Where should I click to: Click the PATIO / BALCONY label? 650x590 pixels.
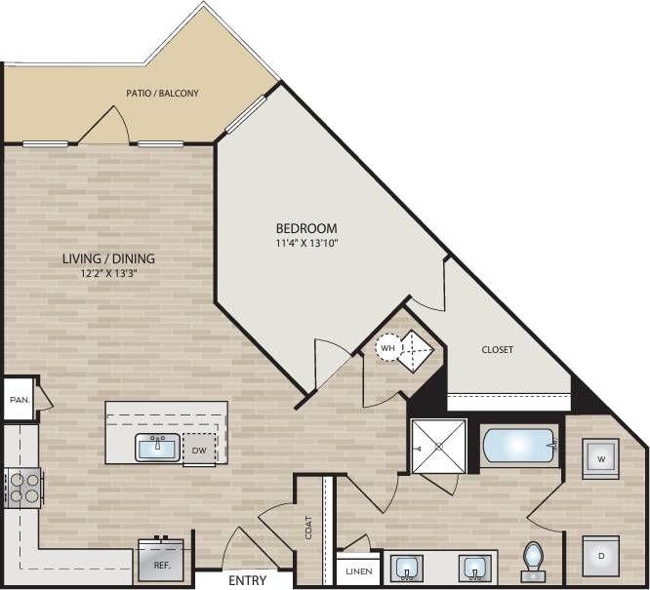163,94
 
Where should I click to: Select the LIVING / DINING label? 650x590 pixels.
108,258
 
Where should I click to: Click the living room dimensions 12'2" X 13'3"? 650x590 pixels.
108,274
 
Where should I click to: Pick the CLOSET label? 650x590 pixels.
497,349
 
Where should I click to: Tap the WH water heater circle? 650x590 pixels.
388,348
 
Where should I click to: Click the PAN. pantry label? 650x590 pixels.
18,399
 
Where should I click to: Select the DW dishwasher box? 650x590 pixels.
199,451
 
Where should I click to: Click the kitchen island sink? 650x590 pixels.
157,449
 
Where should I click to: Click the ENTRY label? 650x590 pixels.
249,580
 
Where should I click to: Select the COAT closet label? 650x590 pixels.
308,528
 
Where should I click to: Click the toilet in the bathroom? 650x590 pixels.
534,561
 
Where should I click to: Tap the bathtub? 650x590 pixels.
518,445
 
